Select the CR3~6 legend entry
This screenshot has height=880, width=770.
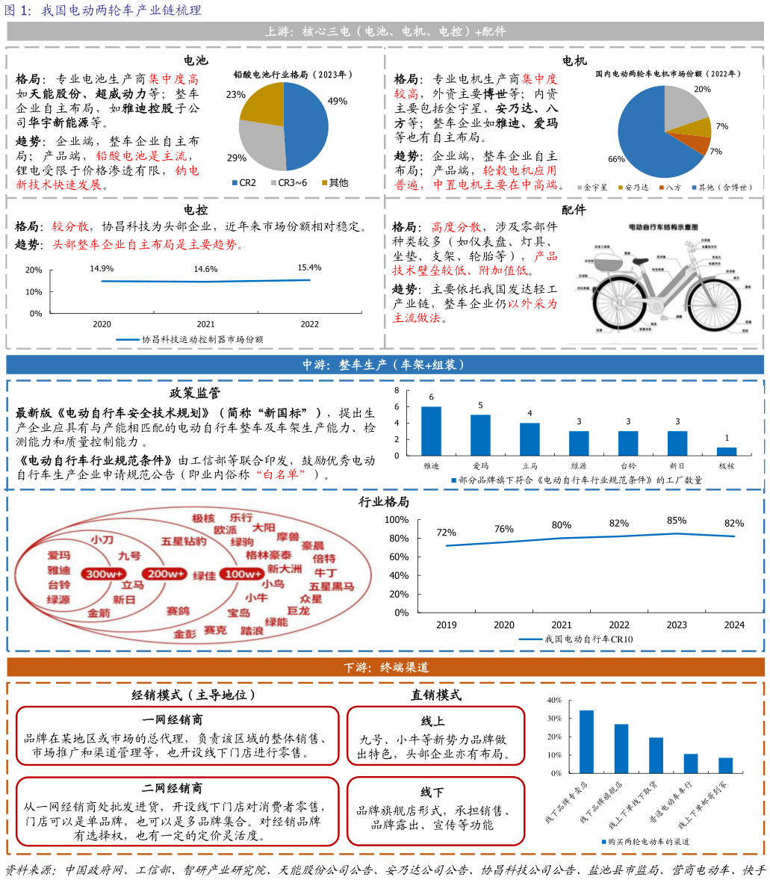tap(293, 182)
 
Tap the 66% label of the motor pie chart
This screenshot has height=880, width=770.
tap(616, 159)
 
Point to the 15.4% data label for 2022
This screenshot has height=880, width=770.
tap(309, 267)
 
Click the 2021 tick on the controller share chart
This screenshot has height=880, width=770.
tap(205, 324)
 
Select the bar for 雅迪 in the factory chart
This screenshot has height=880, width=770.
tap(431, 431)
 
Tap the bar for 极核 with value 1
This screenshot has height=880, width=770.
tap(727, 451)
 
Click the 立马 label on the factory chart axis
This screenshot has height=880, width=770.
tap(530, 465)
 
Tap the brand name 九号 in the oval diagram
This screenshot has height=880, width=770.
tap(129, 557)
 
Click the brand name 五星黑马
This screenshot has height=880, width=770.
tap(331, 586)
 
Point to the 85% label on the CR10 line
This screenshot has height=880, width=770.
tap(677, 521)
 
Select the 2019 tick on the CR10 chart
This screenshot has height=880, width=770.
tap(447, 625)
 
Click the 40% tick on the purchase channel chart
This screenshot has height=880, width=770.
tap(554, 701)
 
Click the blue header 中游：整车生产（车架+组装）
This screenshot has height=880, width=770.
tap(384, 365)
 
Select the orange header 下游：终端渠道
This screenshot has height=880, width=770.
tap(385, 667)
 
